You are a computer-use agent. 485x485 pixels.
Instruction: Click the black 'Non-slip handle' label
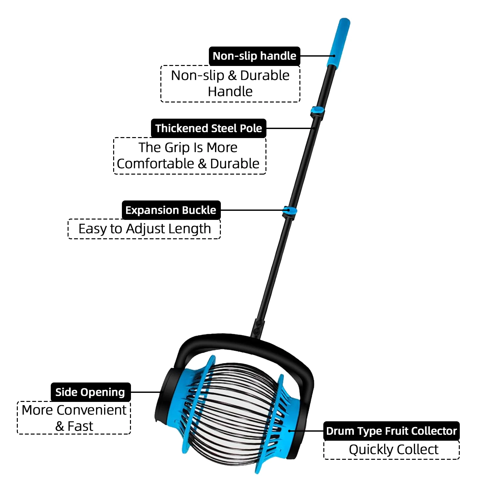[x=254, y=56]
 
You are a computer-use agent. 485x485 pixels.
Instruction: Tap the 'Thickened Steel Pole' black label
[x=209, y=128]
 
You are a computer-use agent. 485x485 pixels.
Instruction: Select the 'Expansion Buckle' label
[x=171, y=210]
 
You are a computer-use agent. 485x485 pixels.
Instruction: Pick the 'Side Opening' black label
[x=90, y=392]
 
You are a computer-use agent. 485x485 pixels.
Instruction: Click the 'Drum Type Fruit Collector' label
[x=391, y=431]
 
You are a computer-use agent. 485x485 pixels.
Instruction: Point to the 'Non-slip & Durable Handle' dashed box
[x=230, y=84]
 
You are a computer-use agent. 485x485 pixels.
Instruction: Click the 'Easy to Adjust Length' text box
[x=144, y=229]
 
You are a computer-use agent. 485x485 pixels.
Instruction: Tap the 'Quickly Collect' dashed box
[x=392, y=450]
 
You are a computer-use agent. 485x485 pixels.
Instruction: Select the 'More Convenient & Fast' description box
[x=74, y=418]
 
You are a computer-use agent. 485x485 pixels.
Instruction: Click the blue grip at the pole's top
[x=339, y=42]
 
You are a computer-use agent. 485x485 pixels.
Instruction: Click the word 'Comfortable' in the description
[x=156, y=164]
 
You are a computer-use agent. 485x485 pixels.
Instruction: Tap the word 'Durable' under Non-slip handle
[x=264, y=76]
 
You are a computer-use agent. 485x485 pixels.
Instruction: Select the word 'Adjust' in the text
[x=144, y=229]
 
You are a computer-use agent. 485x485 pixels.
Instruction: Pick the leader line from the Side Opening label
[x=145, y=392]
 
